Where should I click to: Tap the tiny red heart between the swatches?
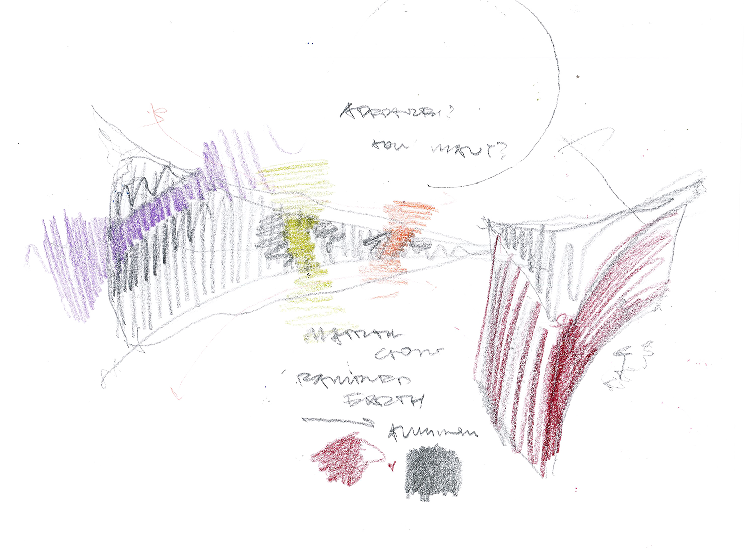pyautogui.click(x=393, y=466)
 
